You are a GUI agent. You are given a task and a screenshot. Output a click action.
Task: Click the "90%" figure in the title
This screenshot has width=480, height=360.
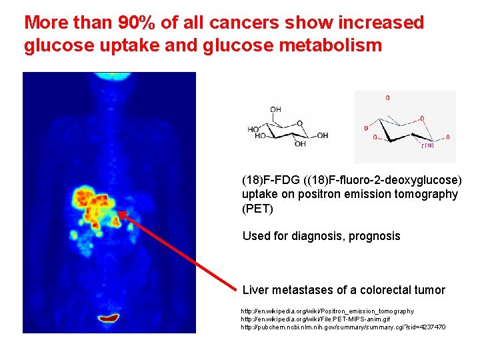135,23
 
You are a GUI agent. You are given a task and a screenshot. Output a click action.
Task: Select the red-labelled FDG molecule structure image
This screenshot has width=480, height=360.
405,127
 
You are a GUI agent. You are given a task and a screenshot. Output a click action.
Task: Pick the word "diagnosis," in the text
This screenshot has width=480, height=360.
316,236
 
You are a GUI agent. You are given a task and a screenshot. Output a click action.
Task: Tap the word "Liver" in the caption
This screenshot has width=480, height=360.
255,290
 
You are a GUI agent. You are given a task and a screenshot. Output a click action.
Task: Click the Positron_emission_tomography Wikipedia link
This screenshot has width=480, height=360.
327,311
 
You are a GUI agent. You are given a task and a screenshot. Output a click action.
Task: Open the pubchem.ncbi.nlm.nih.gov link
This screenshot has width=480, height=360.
343,327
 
